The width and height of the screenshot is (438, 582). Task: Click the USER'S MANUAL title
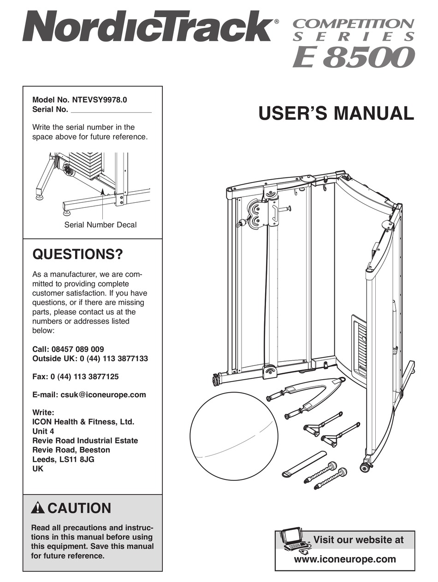click(x=336, y=113)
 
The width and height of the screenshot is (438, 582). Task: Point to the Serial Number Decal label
click(x=100, y=225)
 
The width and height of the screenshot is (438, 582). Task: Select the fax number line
click(x=75, y=376)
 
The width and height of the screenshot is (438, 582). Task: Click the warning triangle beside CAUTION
click(x=38, y=509)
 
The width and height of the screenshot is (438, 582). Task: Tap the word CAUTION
click(x=79, y=509)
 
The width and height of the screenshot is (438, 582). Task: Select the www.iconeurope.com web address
click(x=352, y=559)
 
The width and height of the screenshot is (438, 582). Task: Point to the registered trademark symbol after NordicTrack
click(x=276, y=21)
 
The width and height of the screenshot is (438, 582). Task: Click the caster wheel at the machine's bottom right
click(x=366, y=467)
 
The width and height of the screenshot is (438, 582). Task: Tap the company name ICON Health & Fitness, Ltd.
click(x=83, y=422)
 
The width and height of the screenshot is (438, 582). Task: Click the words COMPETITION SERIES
click(x=354, y=29)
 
